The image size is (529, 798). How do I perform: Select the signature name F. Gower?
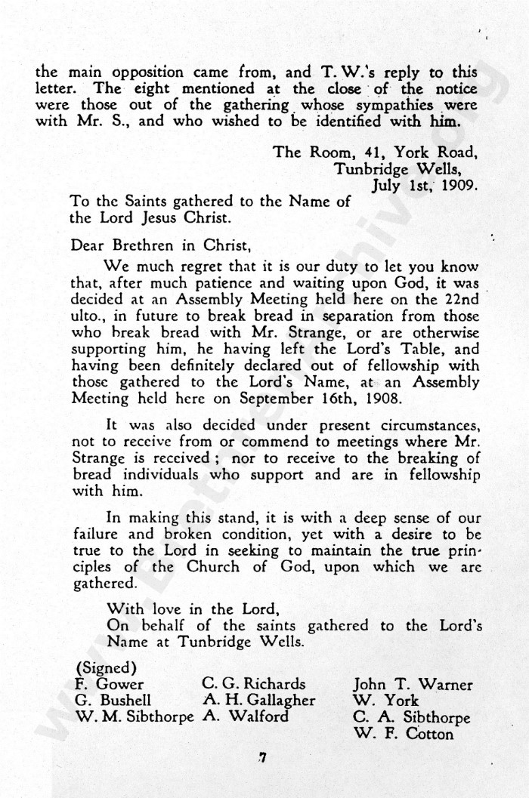110,685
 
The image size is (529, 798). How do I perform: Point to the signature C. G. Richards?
254,684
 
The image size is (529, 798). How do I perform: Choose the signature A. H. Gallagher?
258,701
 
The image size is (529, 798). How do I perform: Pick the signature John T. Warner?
413,685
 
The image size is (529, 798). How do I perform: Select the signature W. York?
385,701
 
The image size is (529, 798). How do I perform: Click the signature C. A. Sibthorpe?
411,717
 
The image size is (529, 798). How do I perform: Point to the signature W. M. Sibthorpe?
135,717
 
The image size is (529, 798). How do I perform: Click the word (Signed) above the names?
106,668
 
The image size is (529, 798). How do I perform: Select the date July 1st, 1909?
425,183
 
